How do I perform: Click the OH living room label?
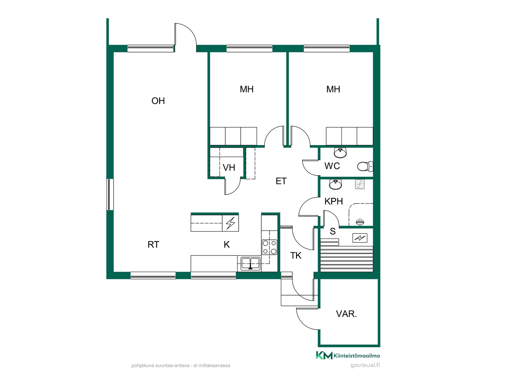pyautogui.click(x=158, y=101)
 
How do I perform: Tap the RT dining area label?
pyautogui.click(x=153, y=244)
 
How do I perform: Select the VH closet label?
pyautogui.click(x=229, y=168)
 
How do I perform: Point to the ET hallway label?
pyautogui.click(x=281, y=181)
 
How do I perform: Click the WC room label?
pyautogui.click(x=332, y=166)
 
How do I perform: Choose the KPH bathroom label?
pyautogui.click(x=334, y=201)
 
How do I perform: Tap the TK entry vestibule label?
pyautogui.click(x=296, y=256)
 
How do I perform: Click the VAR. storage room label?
pyautogui.click(x=347, y=314)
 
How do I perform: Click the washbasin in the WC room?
pyautogui.click(x=340, y=153)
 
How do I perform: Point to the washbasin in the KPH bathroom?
pyautogui.click(x=336, y=184)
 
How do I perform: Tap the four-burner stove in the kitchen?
pyautogui.click(x=270, y=247)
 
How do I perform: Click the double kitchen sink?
pyautogui.click(x=251, y=263)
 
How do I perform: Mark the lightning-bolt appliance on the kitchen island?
pyautogui.click(x=230, y=223)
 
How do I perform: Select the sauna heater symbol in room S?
pyautogui.click(x=360, y=238)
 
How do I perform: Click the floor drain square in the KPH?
pyautogui.click(x=360, y=184)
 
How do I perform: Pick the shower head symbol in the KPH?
pyautogui.click(x=360, y=222)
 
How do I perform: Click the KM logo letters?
pyautogui.click(x=324, y=355)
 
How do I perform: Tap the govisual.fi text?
pyautogui.click(x=365, y=365)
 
